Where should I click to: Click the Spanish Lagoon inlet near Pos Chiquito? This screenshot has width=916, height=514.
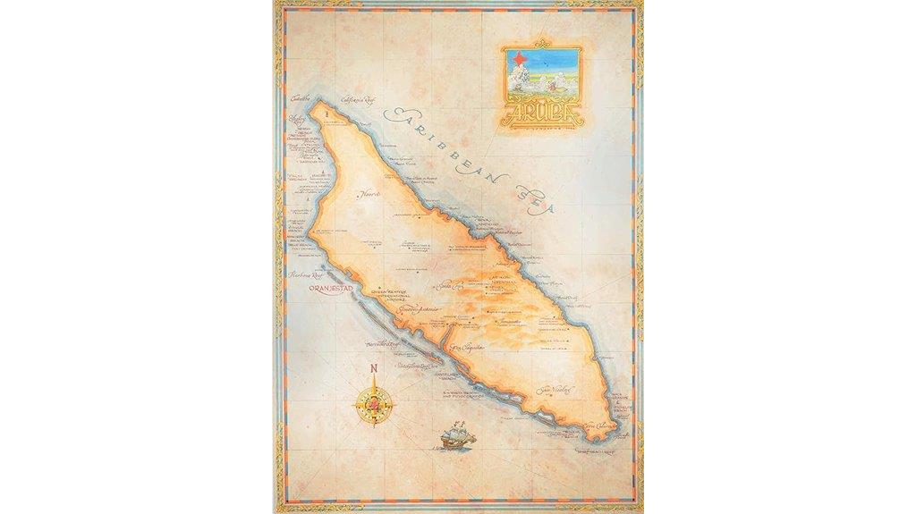click(x=445, y=338)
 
